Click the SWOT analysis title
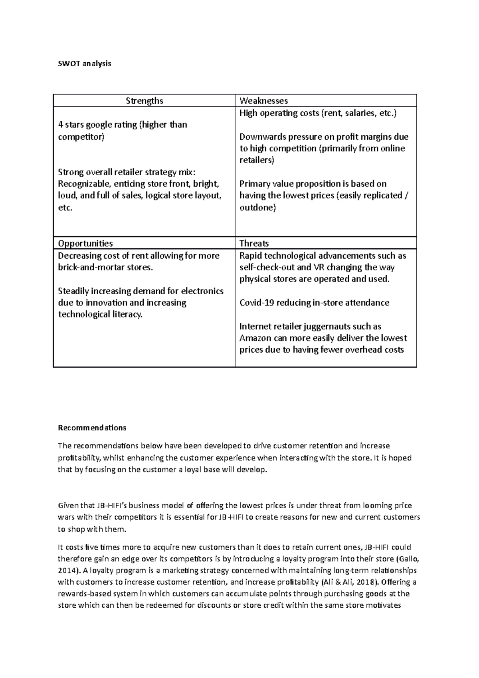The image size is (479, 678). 84,63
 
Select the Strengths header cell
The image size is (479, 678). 144,101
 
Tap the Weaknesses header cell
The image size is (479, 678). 263,101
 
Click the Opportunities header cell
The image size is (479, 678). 85,243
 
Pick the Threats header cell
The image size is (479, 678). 254,243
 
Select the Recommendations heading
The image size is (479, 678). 92,428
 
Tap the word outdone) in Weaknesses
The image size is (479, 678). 257,208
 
